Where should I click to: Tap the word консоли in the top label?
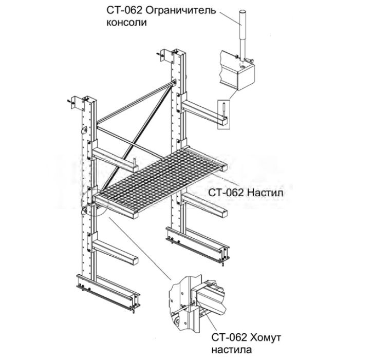click(126, 23)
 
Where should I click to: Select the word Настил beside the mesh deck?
click(265, 193)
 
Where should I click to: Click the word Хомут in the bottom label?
click(266, 337)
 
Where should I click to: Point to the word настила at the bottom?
click(232, 350)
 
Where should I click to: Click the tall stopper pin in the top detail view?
click(243, 35)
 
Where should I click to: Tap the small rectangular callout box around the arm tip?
click(224, 115)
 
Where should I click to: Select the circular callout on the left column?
click(95, 202)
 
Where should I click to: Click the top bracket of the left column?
click(77, 103)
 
